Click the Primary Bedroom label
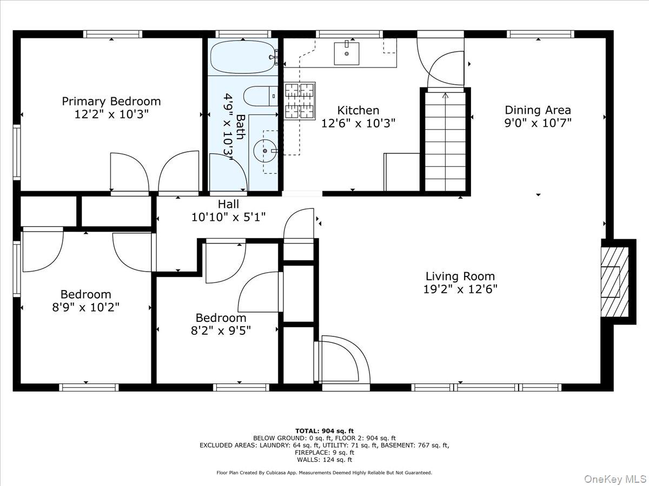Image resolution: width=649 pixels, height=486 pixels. click(x=111, y=101)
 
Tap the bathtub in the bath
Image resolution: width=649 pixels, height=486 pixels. click(x=243, y=57)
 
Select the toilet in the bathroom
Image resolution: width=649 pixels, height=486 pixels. click(x=261, y=96)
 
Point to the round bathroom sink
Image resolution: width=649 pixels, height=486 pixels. click(x=265, y=151)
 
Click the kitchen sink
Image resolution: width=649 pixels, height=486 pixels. click(x=347, y=53)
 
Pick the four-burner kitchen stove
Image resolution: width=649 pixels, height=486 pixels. click(x=300, y=101)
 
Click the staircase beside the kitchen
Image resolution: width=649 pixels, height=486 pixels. click(x=445, y=141)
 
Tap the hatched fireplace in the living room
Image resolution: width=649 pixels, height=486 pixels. click(x=615, y=282)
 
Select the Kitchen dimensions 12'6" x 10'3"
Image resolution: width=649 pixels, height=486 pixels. click(x=358, y=123)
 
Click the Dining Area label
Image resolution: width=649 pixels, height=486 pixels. click(x=538, y=110)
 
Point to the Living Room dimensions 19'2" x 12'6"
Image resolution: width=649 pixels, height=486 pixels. click(x=460, y=289)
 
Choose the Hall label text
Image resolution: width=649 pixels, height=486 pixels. click(x=229, y=204)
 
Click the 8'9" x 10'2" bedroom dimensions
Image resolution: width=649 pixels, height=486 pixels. click(x=86, y=307)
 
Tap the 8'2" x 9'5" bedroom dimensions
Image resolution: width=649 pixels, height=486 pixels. click(x=221, y=330)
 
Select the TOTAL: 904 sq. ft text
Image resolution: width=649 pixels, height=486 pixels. click(x=325, y=431)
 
